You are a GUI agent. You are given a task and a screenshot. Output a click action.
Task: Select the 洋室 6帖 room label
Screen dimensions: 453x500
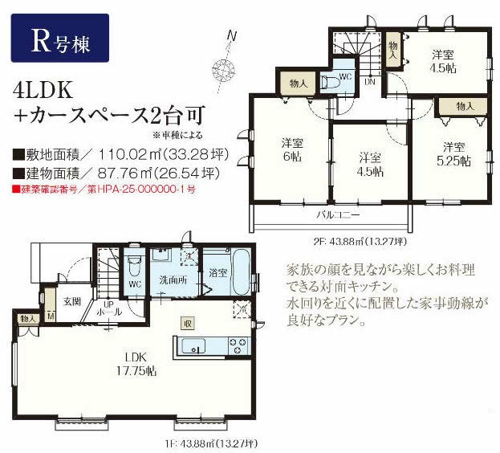[x=291, y=149]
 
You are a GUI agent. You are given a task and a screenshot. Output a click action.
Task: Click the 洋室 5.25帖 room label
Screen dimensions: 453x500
[x=453, y=153]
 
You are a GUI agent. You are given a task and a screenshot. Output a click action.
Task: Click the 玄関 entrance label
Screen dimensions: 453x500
[x=72, y=301]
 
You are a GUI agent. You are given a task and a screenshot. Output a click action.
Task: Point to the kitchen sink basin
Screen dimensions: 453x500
[x=194, y=346]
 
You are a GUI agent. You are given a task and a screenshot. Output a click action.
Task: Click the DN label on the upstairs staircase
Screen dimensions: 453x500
[x=371, y=81]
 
